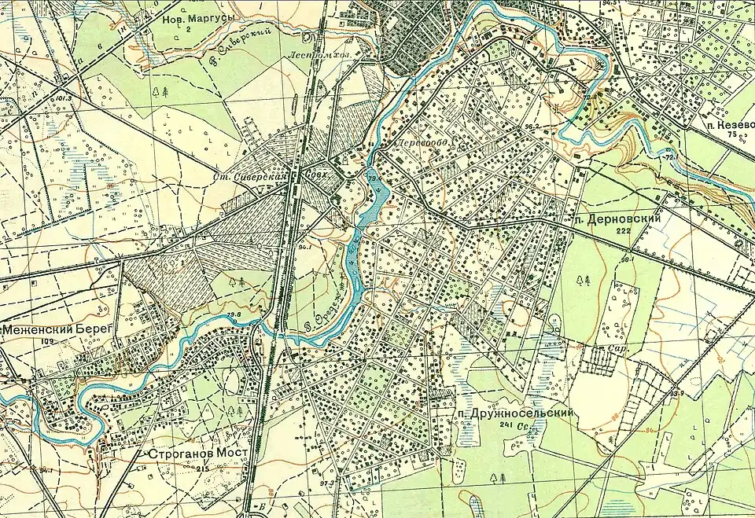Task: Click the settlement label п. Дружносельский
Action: pyautogui.click(x=515, y=413)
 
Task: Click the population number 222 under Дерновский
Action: pyautogui.click(x=625, y=230)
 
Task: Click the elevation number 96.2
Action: pyautogui.click(x=532, y=125)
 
